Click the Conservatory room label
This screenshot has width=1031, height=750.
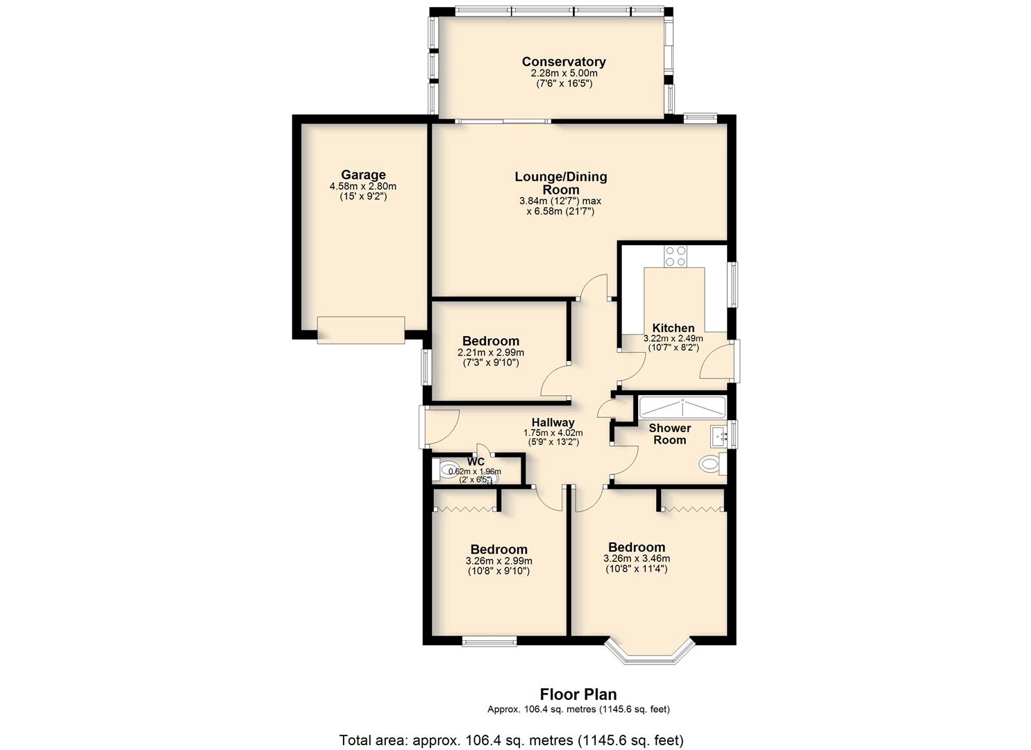(563, 61)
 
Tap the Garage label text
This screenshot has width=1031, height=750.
(363, 174)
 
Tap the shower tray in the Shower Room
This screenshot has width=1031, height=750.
(682, 408)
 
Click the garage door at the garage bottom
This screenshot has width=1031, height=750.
(361, 330)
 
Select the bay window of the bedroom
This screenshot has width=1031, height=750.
(648, 651)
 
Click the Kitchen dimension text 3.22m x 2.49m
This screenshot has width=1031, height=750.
(673, 338)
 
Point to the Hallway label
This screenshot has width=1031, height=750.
(553, 422)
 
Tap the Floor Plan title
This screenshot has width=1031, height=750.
(578, 694)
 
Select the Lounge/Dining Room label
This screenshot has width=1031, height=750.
(560, 183)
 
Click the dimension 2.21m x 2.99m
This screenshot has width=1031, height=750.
(491, 353)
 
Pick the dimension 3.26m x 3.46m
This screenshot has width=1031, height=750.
(637, 558)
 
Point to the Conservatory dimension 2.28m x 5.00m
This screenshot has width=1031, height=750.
(564, 73)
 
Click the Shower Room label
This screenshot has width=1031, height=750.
(670, 434)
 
